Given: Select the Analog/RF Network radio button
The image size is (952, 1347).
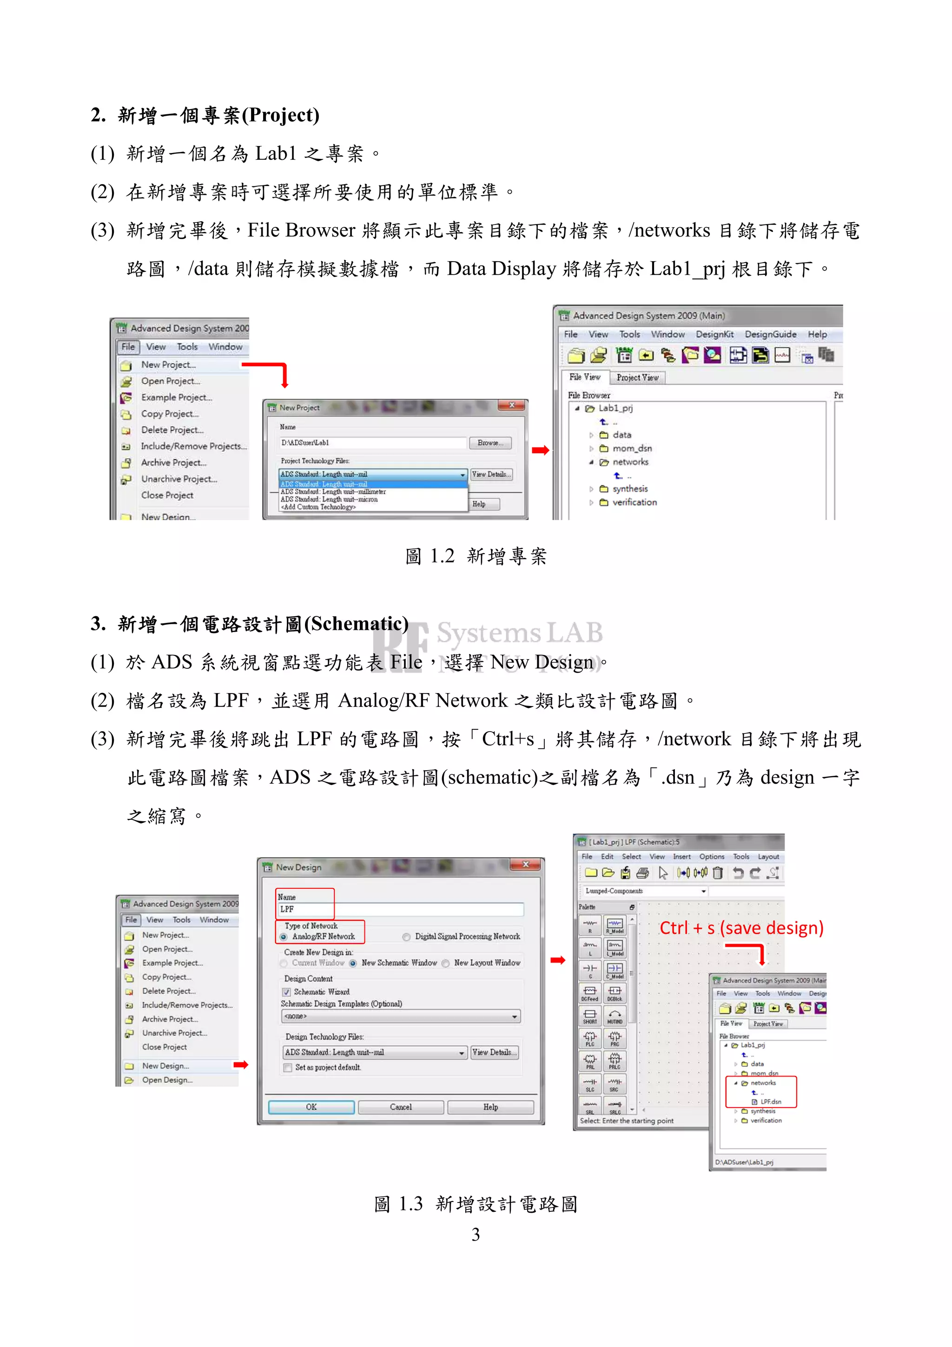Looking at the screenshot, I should click(284, 937).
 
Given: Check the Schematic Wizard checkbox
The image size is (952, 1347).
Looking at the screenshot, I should click(287, 992).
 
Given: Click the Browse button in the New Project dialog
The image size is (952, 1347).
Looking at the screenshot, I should click(490, 443).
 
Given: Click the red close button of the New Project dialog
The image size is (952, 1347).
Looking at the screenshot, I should click(511, 405).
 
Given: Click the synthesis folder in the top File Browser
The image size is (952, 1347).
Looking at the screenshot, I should click(629, 489).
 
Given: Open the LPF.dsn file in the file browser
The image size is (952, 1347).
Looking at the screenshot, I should click(770, 1102).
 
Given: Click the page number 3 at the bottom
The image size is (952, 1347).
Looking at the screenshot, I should click(476, 1235).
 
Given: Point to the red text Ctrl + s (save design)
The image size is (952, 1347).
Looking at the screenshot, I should click(741, 928).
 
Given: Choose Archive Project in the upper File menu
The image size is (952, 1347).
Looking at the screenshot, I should click(174, 463).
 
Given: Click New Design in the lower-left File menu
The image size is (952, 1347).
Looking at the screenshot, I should click(165, 1066).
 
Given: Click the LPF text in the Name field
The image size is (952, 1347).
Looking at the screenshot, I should click(287, 909).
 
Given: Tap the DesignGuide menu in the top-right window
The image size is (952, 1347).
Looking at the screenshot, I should click(770, 334).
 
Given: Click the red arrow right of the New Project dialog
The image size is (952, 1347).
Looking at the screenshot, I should click(540, 450).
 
